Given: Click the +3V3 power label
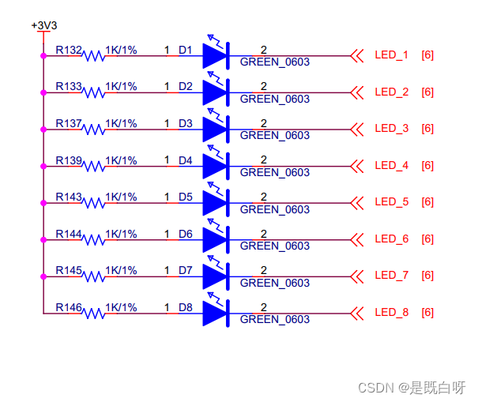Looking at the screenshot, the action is pyautogui.click(x=44, y=25).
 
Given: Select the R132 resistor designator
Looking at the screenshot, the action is pyautogui.click(x=69, y=51).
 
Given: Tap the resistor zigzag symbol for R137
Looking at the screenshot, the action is pyautogui.click(x=94, y=130).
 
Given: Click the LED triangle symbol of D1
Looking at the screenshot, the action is pyautogui.click(x=215, y=56).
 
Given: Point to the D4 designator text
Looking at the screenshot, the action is pyautogui.click(x=185, y=160).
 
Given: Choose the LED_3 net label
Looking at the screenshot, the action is pyautogui.click(x=391, y=129).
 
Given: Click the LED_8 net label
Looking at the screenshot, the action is pyautogui.click(x=391, y=313).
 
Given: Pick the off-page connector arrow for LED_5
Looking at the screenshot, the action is pyautogui.click(x=357, y=202).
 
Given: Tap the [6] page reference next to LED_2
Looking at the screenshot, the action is pyautogui.click(x=427, y=92).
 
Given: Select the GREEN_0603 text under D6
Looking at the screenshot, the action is pyautogui.click(x=274, y=246).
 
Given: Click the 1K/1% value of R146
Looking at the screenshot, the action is pyautogui.click(x=121, y=307).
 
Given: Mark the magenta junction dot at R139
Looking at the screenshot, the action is pyautogui.click(x=43, y=166).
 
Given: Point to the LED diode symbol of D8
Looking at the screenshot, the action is pyautogui.click(x=215, y=314).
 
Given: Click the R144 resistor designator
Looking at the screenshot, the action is pyautogui.click(x=69, y=234).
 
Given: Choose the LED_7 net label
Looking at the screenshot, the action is pyautogui.click(x=391, y=276).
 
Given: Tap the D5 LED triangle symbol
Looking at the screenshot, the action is pyautogui.click(x=215, y=203).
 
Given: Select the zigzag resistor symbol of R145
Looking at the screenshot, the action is pyautogui.click(x=94, y=276).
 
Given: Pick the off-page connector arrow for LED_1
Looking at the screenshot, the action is pyautogui.click(x=357, y=55).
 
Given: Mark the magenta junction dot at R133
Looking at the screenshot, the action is pyautogui.click(x=43, y=92).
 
